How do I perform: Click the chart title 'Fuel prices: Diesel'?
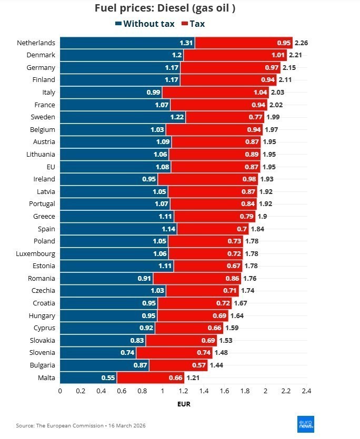pos(164,8)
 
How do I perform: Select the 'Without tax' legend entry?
pos(145,24)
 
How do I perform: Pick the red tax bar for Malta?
pos(150,377)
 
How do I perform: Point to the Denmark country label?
pos(41,55)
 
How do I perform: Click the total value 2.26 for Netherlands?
pos(301,43)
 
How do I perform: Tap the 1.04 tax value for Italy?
pos(261,92)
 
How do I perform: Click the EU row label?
pos(50,167)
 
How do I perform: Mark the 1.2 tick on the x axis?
pos(183,391)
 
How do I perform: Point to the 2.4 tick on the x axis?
pos(306,391)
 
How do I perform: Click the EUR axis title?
pos(183,404)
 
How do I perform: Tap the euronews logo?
pos(306,424)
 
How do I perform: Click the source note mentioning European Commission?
pos(80,425)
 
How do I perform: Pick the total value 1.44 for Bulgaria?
pos(216,365)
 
